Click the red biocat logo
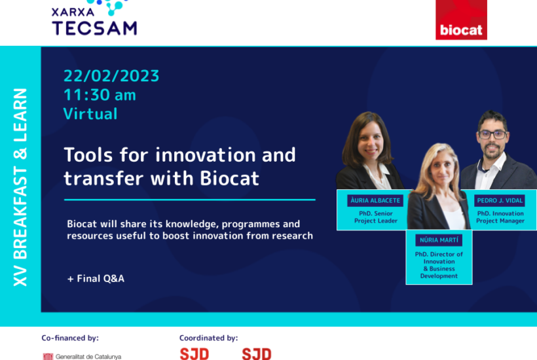(461, 20)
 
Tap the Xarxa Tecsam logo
(94, 18)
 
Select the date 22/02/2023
(111, 76)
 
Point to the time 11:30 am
(100, 95)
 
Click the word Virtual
(90, 114)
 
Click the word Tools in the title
(88, 154)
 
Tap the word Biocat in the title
(229, 178)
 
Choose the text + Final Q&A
(96, 279)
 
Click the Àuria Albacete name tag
(375, 200)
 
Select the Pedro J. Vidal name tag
(500, 200)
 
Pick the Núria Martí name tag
(439, 240)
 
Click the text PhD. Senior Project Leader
(376, 217)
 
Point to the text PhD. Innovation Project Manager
(500, 217)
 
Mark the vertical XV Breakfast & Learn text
(20, 187)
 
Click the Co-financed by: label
(70, 338)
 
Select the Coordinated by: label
(208, 338)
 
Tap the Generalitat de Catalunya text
(88, 357)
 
